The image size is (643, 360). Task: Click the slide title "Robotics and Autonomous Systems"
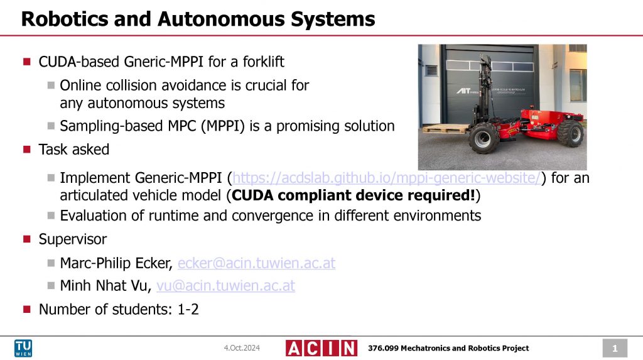[198, 19]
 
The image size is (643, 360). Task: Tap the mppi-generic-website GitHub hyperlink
[386, 178]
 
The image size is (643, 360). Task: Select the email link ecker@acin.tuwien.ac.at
[256, 263]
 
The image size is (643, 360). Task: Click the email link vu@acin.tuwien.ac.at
[225, 286]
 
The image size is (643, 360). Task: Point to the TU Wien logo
[24, 348]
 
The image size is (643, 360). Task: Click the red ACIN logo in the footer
[321, 348]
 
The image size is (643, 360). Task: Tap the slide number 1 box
[615, 348]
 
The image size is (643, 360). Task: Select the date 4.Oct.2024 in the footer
[242, 348]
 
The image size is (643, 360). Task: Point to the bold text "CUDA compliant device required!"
[354, 195]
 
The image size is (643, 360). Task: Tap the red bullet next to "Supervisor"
[26, 239]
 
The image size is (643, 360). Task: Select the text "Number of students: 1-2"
[119, 308]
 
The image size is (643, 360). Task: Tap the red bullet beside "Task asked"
[26, 150]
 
